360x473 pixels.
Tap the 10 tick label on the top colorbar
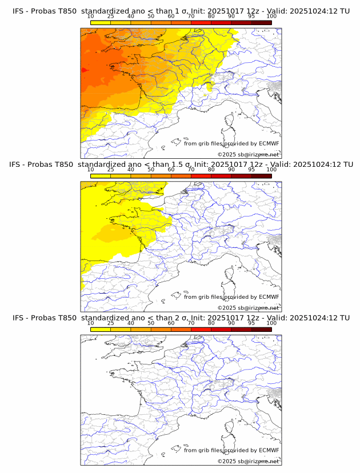tap(91, 16)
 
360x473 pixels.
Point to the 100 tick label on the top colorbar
tap(271, 16)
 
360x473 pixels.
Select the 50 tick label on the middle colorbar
tap(151, 169)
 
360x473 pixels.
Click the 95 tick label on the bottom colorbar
tap(251, 322)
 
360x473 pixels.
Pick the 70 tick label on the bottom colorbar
tap(191, 322)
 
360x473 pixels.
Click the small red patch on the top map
tap(83, 70)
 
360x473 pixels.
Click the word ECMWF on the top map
tap(269, 143)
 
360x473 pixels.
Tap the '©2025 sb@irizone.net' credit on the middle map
tap(248, 308)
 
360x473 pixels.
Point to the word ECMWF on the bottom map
tap(269, 450)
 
